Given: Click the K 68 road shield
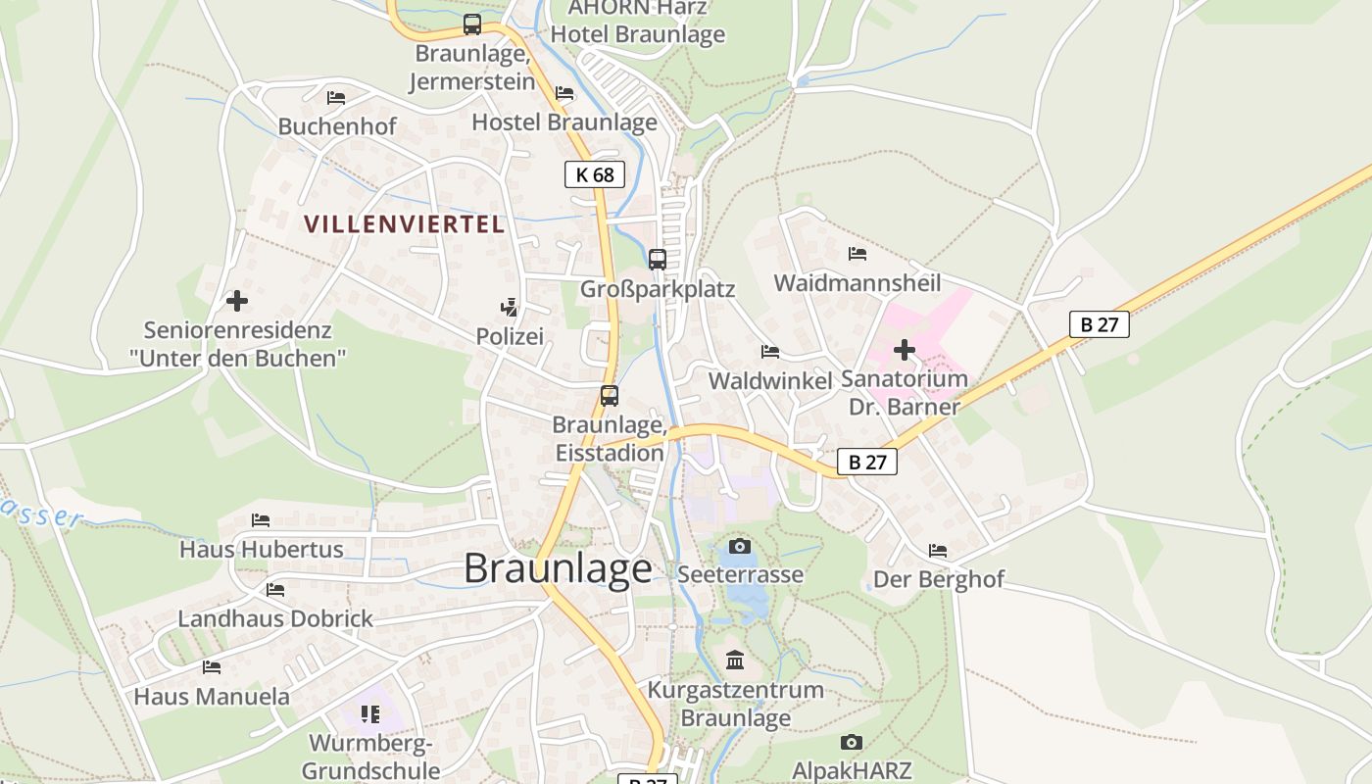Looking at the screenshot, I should click(595, 174).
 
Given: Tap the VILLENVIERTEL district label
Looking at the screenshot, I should click(405, 224).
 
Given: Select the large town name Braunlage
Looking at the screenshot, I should click(558, 568).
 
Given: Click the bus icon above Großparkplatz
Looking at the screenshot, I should click(658, 260).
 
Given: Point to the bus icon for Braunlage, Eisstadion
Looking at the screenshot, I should click(610, 396).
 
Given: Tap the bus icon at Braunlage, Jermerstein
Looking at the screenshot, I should click(472, 24).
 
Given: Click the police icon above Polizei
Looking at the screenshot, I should click(509, 307).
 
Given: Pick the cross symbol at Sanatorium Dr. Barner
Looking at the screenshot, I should click(905, 349).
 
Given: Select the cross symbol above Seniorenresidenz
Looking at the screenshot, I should click(237, 301).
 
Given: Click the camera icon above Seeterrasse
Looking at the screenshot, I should click(740, 546).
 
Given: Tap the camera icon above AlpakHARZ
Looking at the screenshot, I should click(852, 742).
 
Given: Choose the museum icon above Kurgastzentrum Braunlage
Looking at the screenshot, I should click(735, 661).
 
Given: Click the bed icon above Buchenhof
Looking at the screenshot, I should click(336, 97).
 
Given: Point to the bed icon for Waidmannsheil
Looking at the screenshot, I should click(857, 254).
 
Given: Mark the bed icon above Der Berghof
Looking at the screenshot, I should click(938, 551).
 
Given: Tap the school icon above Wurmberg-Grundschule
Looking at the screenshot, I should click(370, 713).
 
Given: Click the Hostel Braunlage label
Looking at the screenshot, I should click(564, 122).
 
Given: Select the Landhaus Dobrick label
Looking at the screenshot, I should click(275, 619).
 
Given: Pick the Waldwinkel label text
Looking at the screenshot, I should click(769, 381).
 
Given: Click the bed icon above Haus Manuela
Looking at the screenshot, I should click(212, 667).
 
